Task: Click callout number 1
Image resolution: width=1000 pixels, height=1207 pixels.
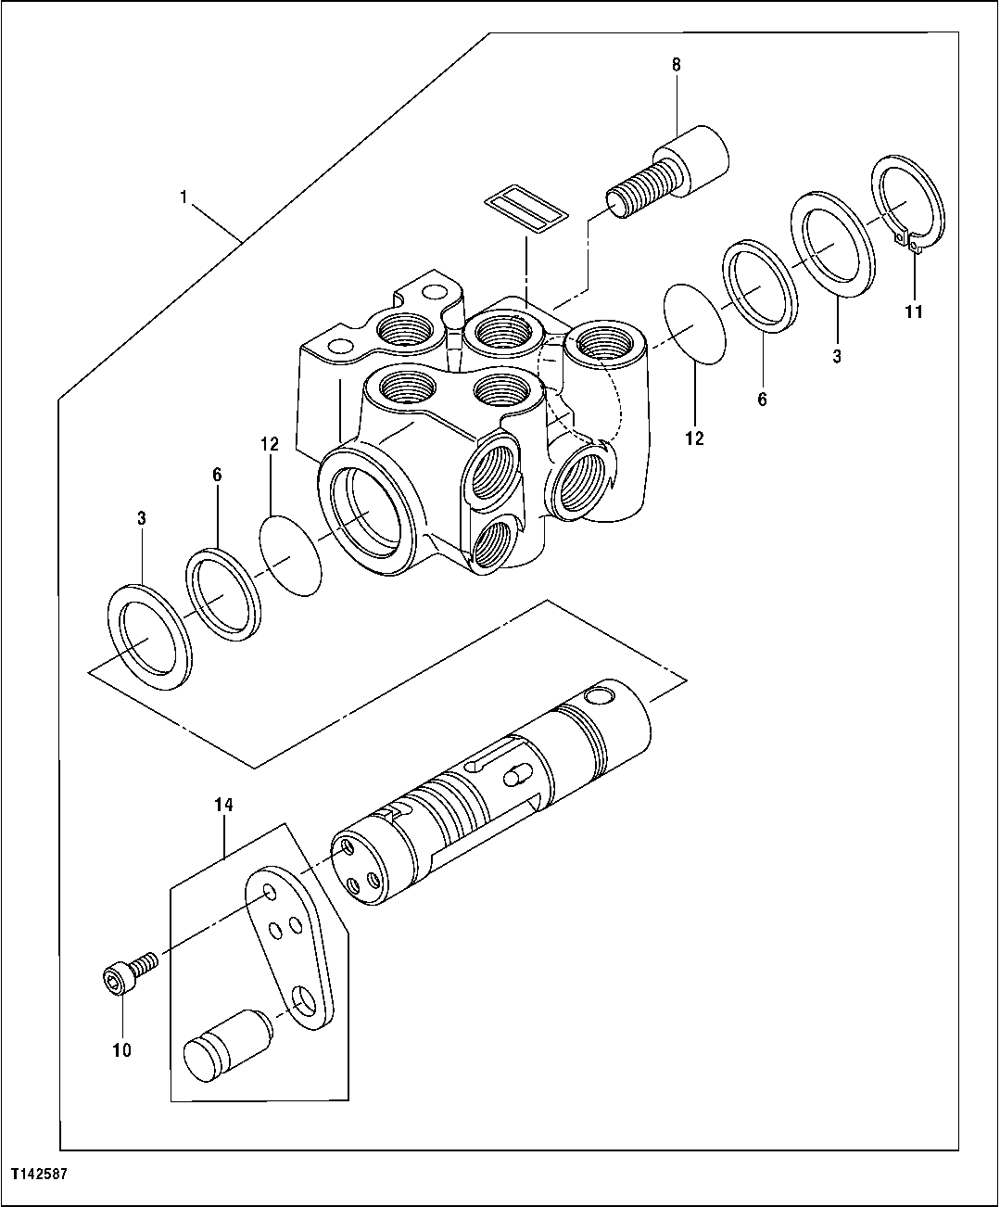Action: (184, 197)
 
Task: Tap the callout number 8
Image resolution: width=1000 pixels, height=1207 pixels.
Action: (676, 64)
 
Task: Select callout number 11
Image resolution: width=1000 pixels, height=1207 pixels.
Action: (914, 311)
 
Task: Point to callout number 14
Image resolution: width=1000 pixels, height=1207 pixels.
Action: (224, 806)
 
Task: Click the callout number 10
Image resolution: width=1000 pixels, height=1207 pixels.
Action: (121, 1049)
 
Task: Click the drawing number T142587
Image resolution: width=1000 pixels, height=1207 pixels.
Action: (38, 1173)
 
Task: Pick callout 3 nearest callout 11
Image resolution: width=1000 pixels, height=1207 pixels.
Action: (836, 355)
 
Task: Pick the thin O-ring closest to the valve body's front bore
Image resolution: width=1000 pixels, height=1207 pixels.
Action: (290, 557)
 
